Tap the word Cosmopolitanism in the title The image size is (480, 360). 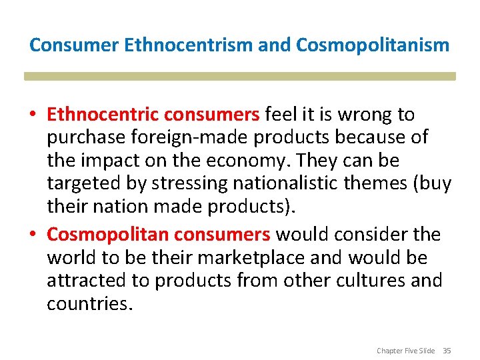pos(373,45)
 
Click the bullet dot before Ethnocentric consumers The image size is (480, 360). pos(33,115)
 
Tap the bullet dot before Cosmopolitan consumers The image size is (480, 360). pos(33,235)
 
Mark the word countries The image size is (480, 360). pos(89,303)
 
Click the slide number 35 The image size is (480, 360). pos(447,351)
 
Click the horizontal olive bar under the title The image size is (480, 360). pos(240,76)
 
